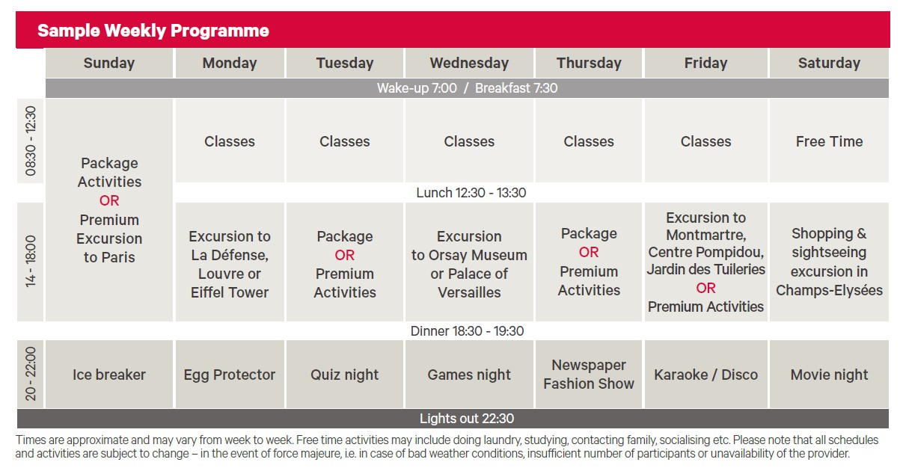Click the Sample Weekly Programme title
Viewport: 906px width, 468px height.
153,31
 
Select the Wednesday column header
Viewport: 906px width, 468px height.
469,63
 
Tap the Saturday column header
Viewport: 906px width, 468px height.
829,63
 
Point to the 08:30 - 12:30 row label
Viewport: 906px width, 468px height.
31,141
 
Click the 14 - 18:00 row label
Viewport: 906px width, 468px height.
31,262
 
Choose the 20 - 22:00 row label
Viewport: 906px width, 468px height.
31,374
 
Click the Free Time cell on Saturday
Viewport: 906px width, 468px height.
829,141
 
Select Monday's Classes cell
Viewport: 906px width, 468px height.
230,141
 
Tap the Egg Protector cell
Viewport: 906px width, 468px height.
230,375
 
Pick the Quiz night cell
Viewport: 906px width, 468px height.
345,375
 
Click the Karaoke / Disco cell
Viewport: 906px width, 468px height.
705,375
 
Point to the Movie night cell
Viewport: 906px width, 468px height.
829,375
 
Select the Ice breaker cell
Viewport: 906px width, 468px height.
109,375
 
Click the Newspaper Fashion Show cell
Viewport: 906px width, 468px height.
589,375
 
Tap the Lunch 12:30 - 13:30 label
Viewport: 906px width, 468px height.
471,193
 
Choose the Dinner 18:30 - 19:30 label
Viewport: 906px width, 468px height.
467,331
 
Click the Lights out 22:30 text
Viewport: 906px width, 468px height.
467,419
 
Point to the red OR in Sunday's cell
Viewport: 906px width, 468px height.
109,200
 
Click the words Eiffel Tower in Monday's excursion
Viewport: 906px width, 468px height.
230,292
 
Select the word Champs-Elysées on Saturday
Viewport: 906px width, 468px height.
829,290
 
